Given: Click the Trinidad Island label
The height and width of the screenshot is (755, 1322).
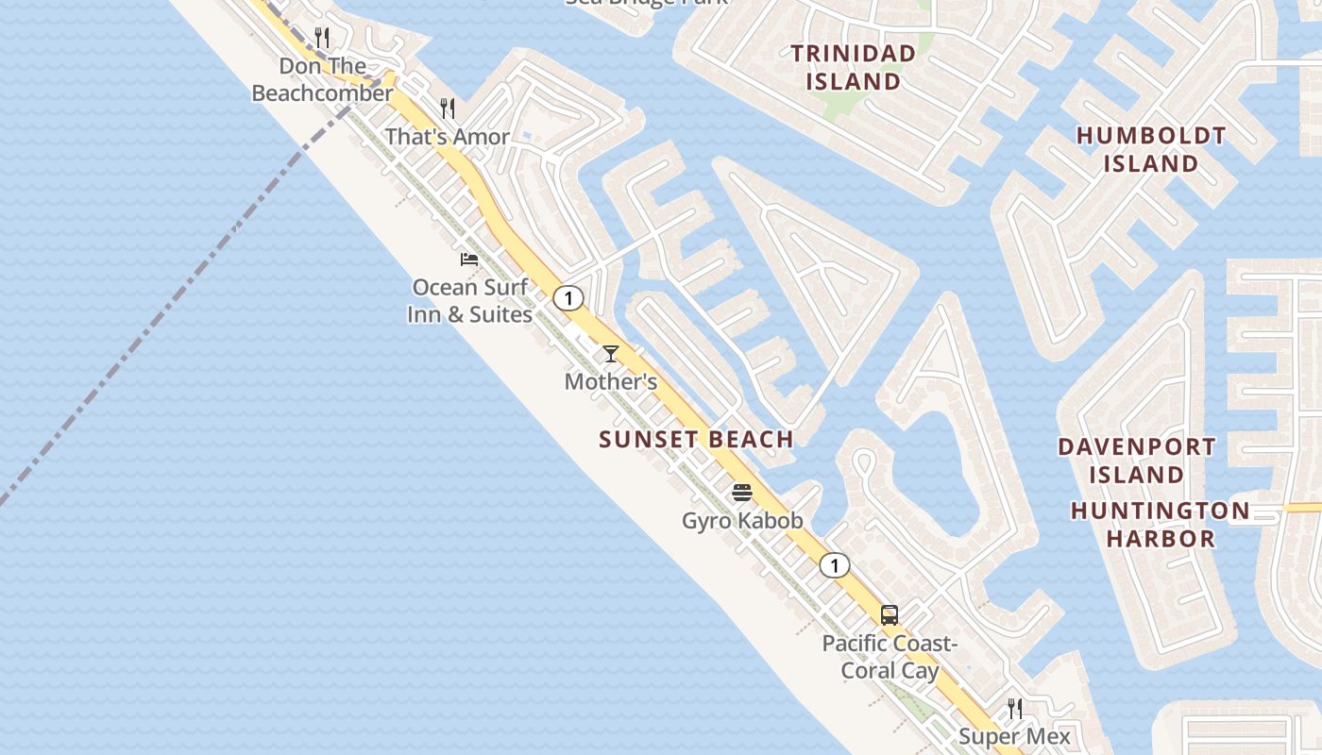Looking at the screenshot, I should click(853, 67).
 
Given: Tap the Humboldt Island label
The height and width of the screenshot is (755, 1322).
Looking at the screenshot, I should click(1151, 149).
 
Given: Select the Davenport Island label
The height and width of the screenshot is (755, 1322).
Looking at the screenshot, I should click(1136, 460).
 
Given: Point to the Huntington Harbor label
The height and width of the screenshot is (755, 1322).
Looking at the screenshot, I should click(1160, 525).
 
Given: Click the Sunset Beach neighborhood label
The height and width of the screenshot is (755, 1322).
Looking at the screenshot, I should click(696, 439).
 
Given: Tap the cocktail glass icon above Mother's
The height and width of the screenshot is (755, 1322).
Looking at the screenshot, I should click(611, 354).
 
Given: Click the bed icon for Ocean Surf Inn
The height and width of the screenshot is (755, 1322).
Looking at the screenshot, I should click(469, 259).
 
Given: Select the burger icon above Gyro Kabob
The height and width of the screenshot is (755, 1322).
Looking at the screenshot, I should click(742, 492).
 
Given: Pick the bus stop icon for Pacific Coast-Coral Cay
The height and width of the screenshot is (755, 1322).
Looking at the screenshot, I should click(890, 615).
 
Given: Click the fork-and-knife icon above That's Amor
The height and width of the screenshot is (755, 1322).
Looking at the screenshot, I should click(448, 109).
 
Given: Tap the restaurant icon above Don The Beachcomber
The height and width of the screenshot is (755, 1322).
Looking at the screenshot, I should click(322, 38).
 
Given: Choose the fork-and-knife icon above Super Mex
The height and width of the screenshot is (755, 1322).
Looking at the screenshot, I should click(1015, 708).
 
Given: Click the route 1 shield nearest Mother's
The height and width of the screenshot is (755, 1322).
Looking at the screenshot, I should click(568, 298).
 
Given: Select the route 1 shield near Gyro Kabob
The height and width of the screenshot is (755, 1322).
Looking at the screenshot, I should click(834, 565).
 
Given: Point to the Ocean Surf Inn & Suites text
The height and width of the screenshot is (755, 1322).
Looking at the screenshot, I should click(469, 300).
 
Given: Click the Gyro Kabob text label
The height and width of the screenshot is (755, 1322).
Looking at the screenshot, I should click(742, 520).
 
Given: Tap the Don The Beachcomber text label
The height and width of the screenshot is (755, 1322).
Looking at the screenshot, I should click(322, 79).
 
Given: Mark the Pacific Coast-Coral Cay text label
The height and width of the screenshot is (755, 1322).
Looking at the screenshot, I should click(890, 657).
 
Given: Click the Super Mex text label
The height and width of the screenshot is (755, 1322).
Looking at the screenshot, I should click(1015, 736).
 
